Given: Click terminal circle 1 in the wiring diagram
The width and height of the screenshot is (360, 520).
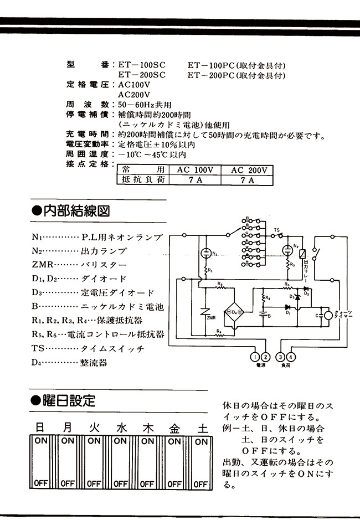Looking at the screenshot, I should [255, 357].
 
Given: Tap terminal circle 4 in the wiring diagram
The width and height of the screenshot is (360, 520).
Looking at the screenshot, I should [292, 357].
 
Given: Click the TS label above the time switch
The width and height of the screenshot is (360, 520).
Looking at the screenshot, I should [277, 229].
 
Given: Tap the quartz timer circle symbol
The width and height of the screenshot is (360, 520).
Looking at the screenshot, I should [328, 315].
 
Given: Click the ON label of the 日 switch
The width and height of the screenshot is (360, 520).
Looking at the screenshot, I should [41, 441].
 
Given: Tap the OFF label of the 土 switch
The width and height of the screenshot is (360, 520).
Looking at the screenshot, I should [201, 483].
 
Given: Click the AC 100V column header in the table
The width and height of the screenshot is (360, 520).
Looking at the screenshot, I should [195, 170].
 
